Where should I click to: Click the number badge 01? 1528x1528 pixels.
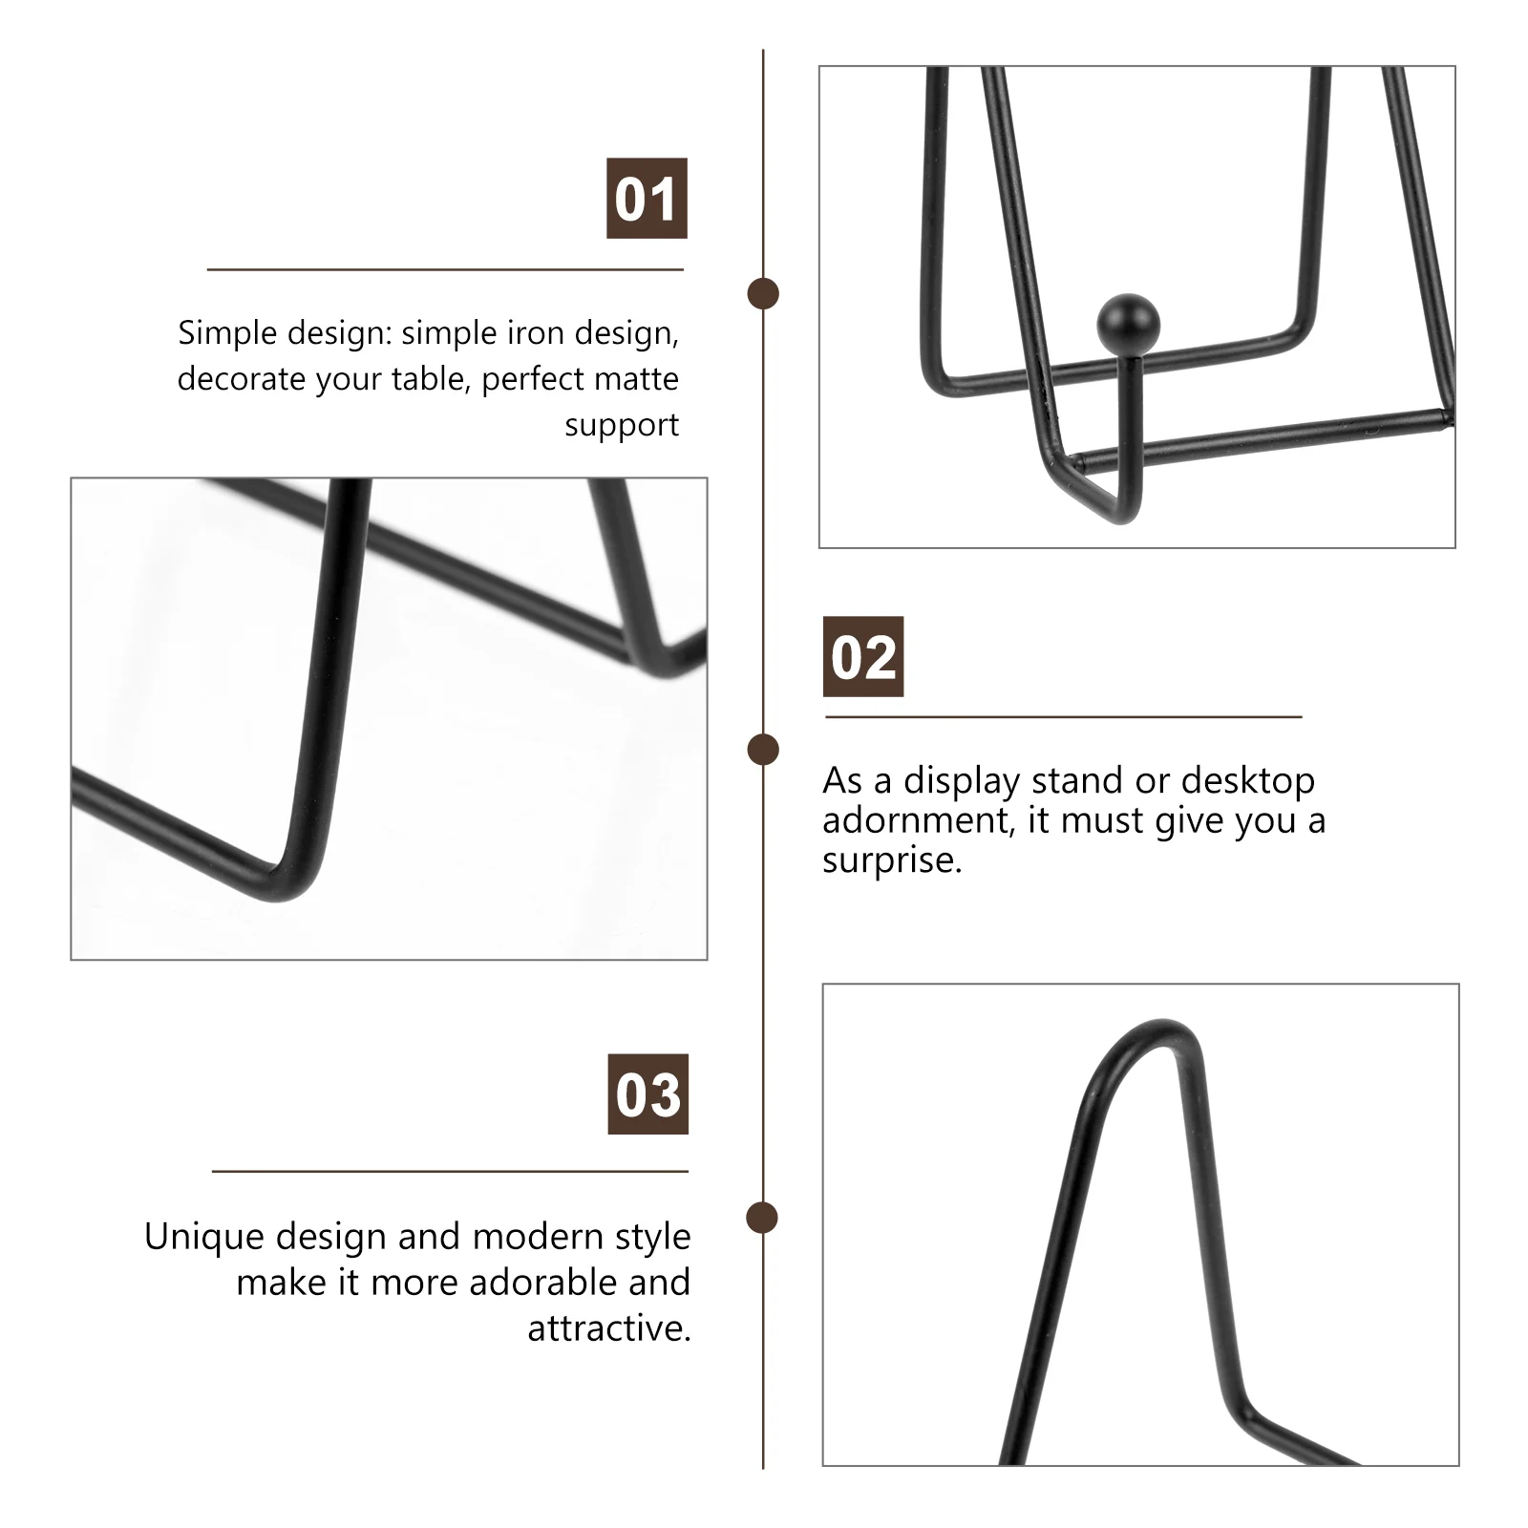pos(647,199)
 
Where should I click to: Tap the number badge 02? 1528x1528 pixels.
pos(863,656)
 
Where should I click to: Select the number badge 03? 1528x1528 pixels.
pos(648,1093)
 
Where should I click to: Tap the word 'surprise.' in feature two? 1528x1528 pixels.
pos(892,861)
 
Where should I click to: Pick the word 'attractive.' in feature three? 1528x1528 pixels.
pos(609,1328)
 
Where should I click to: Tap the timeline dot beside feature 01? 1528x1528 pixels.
pos(763,293)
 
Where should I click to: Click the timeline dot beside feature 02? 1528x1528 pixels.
pos(763,750)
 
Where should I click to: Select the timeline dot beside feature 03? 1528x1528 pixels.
pos(763,1218)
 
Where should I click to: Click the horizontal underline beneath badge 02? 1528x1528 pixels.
pos(1064,716)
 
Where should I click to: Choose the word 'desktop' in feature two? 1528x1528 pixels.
pos(1248,782)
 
